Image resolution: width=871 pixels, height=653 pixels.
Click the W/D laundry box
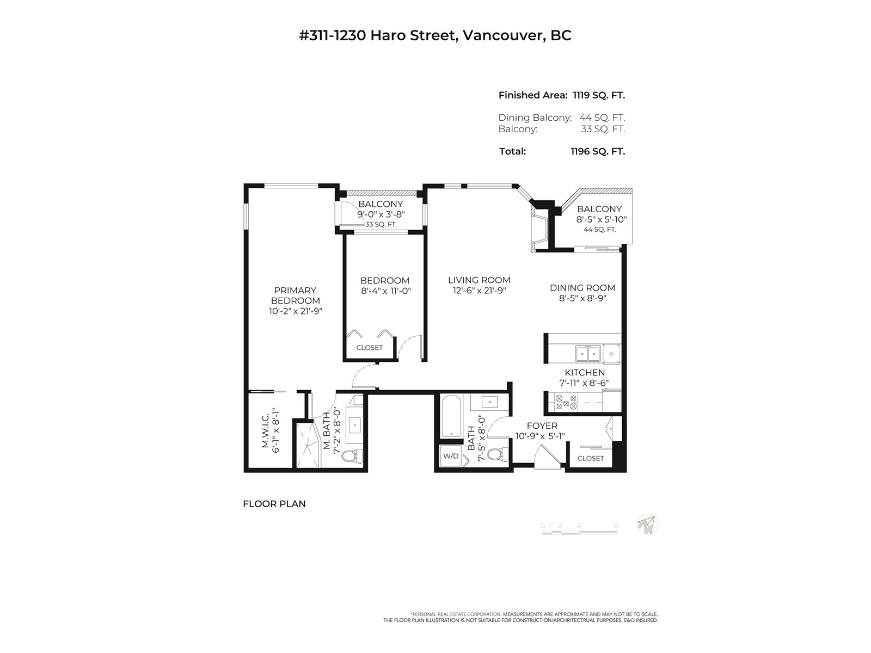450,456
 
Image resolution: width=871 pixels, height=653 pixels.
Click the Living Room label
479,280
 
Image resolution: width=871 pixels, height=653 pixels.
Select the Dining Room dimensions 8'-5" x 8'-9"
582,298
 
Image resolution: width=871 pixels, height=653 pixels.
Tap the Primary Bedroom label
295,295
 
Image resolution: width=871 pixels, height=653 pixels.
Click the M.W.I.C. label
266,430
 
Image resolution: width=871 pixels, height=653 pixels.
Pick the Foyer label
542,426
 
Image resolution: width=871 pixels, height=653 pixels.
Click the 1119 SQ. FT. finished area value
599,95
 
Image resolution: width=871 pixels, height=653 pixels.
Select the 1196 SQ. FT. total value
598,151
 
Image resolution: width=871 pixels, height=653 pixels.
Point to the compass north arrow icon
647,525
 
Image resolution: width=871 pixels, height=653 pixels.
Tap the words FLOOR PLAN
274,504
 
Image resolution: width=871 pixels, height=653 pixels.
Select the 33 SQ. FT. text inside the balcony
381,224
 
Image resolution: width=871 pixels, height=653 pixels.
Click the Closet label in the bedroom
370,347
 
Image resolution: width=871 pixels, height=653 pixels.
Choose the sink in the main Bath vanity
489,403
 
